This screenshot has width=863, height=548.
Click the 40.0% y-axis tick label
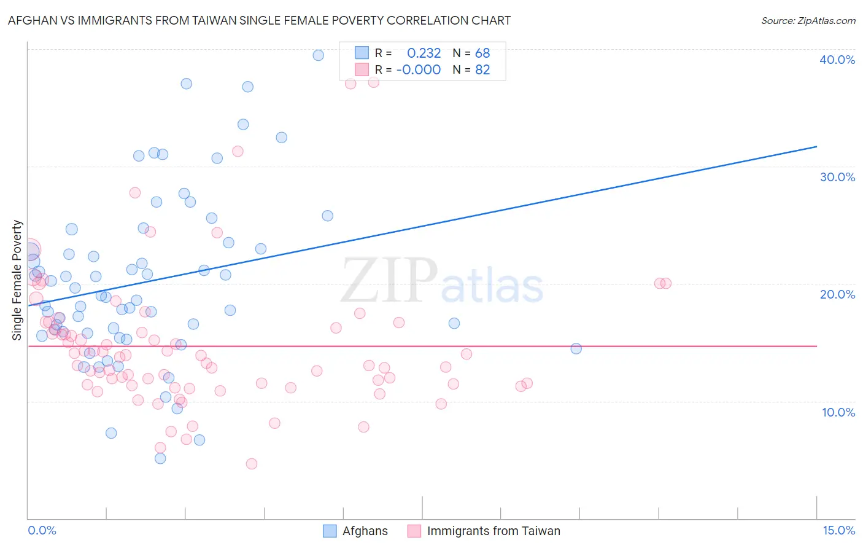[837, 60]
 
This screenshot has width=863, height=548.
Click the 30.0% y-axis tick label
[837, 177]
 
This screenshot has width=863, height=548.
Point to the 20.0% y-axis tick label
[837, 294]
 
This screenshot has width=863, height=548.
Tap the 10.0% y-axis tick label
[838, 412]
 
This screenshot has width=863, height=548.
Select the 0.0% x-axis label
[42, 530]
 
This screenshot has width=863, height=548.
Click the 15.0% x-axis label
[838, 530]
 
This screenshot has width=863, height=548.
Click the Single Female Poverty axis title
[17, 280]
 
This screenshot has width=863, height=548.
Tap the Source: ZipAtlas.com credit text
[808, 21]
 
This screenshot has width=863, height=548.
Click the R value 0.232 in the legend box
[424, 53]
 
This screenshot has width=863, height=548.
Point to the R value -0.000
[418, 70]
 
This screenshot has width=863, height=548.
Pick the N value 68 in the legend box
[482, 53]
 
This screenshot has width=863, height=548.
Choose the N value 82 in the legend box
[482, 70]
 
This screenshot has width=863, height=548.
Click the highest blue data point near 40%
[318, 55]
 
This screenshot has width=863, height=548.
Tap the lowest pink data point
[251, 464]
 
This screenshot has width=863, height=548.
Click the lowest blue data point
[160, 458]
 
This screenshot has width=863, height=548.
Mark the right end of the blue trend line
[816, 146]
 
